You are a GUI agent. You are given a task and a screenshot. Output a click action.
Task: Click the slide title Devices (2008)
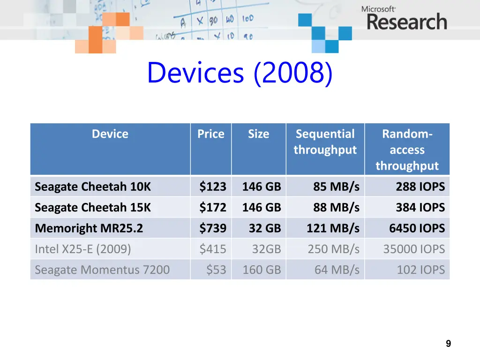point(240,74)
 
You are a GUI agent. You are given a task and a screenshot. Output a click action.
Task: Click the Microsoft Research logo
point(404,18)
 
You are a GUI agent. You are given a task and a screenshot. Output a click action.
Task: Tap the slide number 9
point(448,344)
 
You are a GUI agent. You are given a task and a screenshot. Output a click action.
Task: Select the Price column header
point(210,134)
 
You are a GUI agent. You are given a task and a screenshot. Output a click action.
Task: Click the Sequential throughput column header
point(325,142)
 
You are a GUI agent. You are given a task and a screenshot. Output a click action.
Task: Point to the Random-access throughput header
point(407,150)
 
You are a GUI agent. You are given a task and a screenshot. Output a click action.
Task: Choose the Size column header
point(258,134)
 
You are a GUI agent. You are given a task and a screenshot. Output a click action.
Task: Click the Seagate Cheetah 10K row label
point(93,187)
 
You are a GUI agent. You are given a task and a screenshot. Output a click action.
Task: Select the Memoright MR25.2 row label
point(89,228)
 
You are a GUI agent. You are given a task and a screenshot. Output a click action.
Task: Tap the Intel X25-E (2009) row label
point(82,249)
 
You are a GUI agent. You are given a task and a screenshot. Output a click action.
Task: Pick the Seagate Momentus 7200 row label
point(102,270)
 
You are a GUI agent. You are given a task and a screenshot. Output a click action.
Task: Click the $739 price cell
point(213,228)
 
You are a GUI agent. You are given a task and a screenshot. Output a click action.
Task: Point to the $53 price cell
point(216,270)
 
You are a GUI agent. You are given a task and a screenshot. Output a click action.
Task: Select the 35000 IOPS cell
point(413,249)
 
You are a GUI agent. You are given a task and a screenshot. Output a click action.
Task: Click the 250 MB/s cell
point(333,249)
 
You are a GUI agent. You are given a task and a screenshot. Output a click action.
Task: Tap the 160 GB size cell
point(262,270)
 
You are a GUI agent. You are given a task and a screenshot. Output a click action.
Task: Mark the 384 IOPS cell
point(420,207)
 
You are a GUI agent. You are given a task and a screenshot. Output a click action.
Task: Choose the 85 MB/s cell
point(336,187)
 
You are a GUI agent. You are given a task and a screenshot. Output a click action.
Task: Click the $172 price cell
point(213,207)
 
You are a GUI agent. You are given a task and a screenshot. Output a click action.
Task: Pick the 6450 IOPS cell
point(416,228)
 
